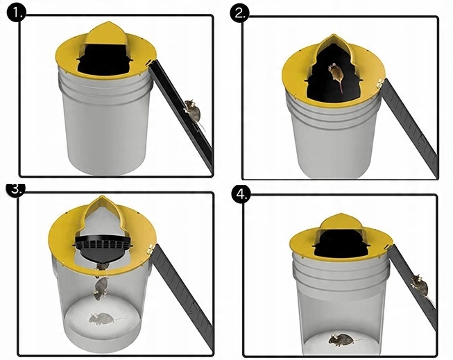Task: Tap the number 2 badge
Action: coord(239,13)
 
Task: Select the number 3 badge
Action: coord(16,189)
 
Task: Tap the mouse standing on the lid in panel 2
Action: coord(336,75)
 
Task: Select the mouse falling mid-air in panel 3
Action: coord(100,288)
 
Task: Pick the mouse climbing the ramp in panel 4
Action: coord(420,286)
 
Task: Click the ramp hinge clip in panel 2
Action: coord(380,84)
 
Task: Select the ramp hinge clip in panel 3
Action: coord(151,249)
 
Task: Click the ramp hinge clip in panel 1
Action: coord(151,63)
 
